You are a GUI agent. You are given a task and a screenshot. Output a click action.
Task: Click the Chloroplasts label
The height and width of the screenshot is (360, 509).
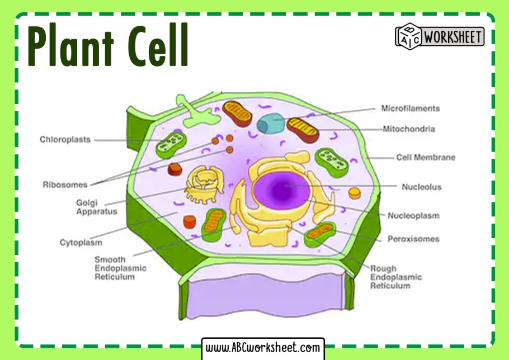pos(65,140)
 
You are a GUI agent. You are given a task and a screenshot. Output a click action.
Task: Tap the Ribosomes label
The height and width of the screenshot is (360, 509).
pos(65,184)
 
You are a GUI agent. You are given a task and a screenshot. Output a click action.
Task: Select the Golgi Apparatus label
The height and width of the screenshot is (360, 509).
pos(96,207)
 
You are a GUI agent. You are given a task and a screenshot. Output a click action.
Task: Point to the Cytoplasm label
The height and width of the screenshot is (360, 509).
pos(81,243)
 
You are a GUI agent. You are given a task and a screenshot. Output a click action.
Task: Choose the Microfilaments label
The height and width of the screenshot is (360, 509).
pos(410,108)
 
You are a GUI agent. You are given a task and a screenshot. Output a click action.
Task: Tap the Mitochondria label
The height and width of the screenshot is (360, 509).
pos(408,129)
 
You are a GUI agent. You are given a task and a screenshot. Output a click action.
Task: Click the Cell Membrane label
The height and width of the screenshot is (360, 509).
pos(426,158)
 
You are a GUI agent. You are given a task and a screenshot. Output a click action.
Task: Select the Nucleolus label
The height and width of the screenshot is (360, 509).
pos(421,187)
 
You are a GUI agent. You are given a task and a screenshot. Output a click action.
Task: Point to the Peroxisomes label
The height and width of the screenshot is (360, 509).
pos(413,239)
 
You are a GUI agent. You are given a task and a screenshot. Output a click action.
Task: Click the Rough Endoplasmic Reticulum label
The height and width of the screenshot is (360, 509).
pos(395,277)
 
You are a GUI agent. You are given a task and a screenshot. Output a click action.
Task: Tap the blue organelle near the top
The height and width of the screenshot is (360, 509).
pos(271,123)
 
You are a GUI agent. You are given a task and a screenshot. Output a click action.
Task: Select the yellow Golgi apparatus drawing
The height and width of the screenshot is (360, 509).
pos(201,184)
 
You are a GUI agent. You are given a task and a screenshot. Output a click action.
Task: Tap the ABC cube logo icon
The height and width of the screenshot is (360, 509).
pos(408,36)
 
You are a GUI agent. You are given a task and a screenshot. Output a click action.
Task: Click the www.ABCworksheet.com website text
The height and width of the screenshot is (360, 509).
pos(263,348)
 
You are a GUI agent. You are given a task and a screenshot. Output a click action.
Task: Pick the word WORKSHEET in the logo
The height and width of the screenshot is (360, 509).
pos(453,37)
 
